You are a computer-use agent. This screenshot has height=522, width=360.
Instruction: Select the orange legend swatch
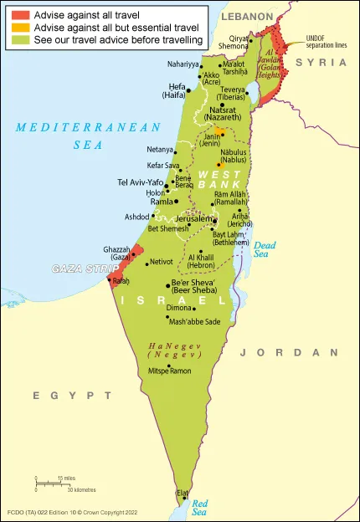(20, 28)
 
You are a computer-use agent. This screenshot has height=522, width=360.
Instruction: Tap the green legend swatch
(20, 39)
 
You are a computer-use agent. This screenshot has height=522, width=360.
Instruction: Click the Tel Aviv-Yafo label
(140, 182)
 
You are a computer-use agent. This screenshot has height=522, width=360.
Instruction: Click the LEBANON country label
(248, 17)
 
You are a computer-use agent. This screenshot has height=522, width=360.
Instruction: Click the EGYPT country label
(56, 394)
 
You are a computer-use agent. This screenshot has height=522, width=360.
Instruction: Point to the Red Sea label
(200, 506)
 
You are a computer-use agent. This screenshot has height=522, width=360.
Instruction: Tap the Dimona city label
(180, 308)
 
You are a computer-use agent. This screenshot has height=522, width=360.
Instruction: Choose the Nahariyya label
(183, 64)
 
